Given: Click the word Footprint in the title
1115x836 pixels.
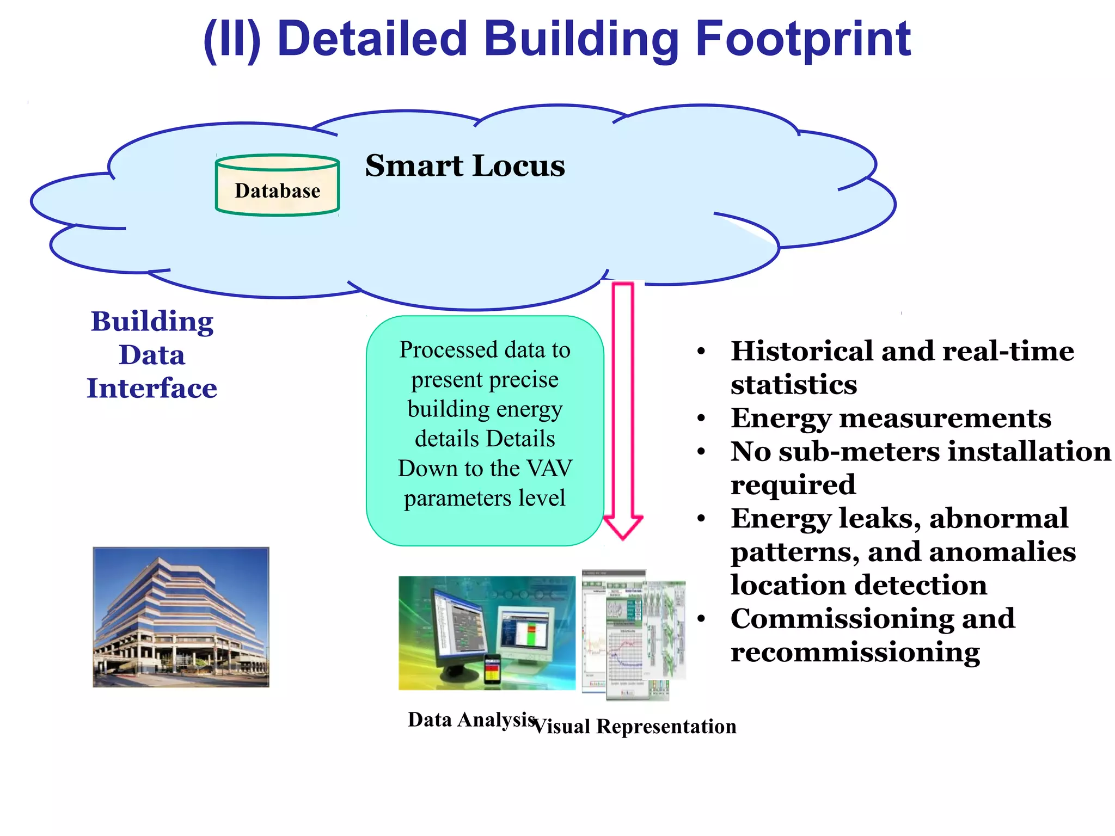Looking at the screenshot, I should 803,39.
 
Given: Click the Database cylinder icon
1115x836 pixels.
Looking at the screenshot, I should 277,186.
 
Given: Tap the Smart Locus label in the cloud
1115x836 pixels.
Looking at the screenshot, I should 464,165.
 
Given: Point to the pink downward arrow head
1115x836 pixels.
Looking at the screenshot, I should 623,526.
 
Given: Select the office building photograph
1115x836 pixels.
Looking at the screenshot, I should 181,617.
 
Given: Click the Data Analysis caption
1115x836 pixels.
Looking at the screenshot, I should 471,720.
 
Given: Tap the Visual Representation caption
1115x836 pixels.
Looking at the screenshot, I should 635,727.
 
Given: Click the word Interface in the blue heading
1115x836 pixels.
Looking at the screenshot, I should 152,389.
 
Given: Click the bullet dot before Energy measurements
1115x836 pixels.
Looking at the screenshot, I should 701,419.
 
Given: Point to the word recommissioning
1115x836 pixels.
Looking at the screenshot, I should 855,652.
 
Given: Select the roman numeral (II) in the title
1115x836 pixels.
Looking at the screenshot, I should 232,40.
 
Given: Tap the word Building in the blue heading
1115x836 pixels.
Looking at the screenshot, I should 152,322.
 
